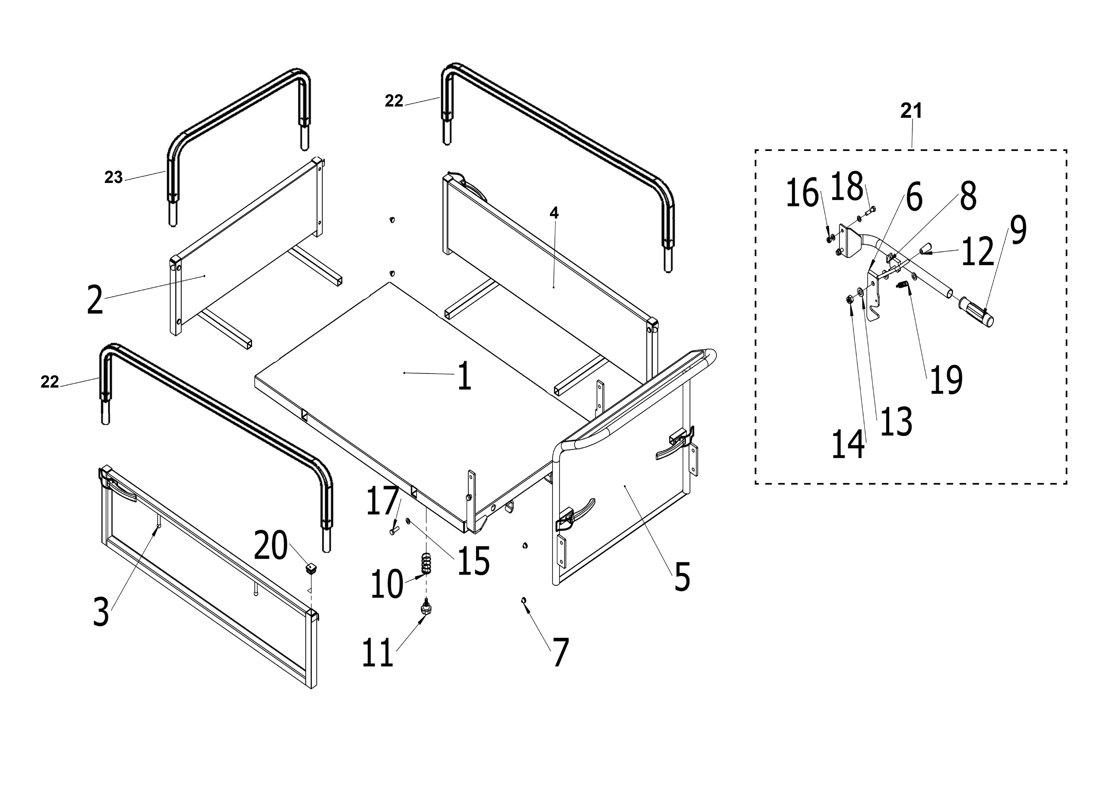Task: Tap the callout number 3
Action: [101, 612]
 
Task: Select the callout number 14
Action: [848, 444]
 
